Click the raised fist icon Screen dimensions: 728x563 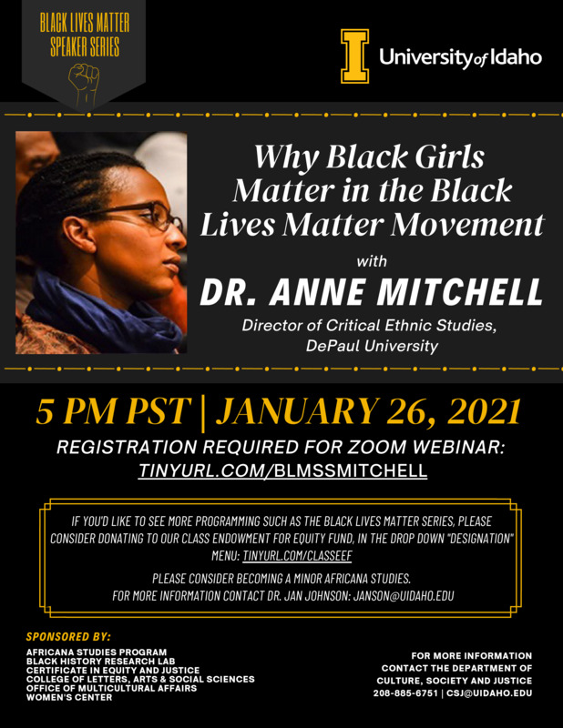[85, 82]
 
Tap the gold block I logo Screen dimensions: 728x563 [354, 56]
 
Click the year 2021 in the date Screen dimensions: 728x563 [478, 412]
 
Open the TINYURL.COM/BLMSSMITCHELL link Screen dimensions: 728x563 [283, 470]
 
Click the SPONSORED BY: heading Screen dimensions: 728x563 [69, 637]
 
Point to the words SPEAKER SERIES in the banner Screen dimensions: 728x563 [85, 47]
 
